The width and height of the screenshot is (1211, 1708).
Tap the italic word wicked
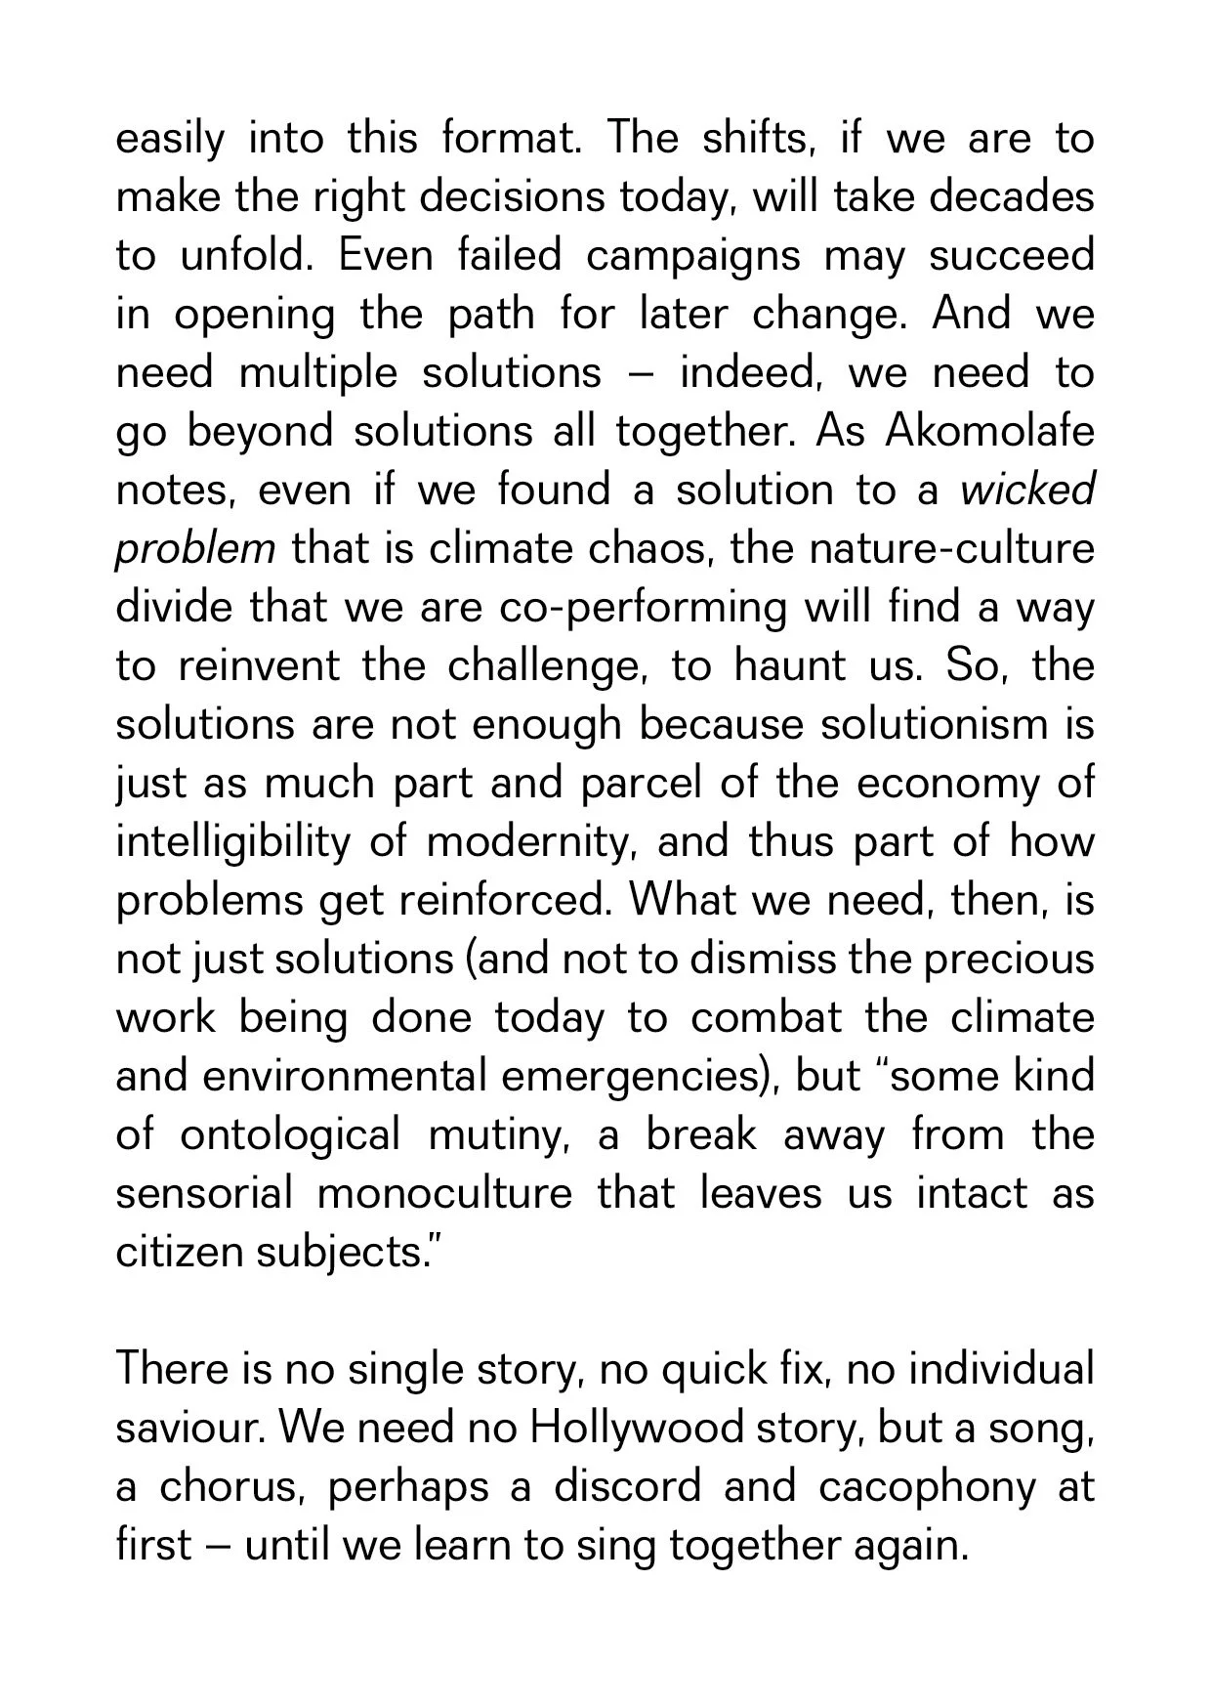(1027, 490)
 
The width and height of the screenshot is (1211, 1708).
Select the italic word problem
(195, 549)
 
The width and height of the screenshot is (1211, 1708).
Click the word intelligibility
(231, 842)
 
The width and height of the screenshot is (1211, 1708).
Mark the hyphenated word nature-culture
(951, 548)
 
